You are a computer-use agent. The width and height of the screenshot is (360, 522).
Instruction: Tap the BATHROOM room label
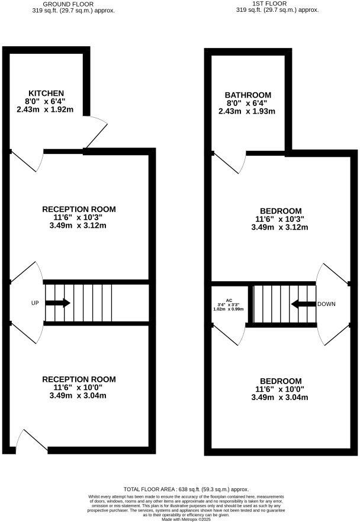pos(247,95)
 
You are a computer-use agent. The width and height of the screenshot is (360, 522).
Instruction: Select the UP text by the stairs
pos(35,303)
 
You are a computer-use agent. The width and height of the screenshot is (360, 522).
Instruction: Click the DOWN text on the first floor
pos(326,304)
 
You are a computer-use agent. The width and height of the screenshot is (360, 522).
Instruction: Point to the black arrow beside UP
pos(58,303)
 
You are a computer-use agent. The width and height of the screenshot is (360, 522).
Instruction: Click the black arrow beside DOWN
pos(303,304)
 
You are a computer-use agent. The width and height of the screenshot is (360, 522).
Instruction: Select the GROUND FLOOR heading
pos(68,4)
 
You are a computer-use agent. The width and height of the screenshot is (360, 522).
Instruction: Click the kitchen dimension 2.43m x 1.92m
pos(45,109)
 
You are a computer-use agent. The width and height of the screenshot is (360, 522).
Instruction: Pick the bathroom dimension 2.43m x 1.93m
pos(247,111)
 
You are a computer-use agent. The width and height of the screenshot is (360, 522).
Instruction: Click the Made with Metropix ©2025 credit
pos(186,518)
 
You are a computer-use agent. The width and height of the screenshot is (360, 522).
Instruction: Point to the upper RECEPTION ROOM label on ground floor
pos(79,209)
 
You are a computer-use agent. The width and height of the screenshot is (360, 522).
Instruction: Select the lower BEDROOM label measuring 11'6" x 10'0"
pos(280,381)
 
